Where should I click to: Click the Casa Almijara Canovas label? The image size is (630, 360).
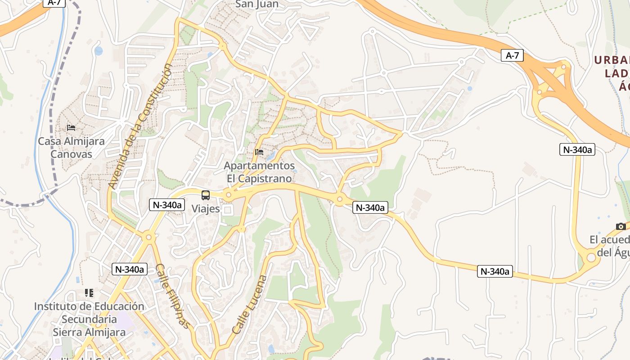[x=71, y=148]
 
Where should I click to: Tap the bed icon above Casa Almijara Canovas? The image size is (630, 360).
[x=71, y=128]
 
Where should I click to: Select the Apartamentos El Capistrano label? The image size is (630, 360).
[x=259, y=172]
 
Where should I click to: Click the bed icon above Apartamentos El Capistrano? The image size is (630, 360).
[x=259, y=152]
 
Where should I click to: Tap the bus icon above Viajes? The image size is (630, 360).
[x=206, y=195]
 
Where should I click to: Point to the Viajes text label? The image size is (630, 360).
[x=206, y=209]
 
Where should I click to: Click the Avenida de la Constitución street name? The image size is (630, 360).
[x=140, y=126]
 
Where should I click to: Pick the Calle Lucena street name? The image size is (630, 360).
[x=249, y=305]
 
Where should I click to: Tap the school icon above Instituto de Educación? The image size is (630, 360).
[x=89, y=293]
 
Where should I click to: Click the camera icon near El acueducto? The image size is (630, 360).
[x=621, y=226]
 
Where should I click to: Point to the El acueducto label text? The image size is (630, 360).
[x=610, y=246]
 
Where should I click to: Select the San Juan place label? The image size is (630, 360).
[x=257, y=4]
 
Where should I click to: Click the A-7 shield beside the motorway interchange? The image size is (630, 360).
[x=512, y=56]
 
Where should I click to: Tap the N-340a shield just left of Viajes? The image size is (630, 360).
[x=167, y=205]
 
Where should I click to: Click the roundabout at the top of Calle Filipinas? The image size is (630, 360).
[x=148, y=237]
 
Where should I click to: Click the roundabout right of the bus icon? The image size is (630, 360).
[x=229, y=195]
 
